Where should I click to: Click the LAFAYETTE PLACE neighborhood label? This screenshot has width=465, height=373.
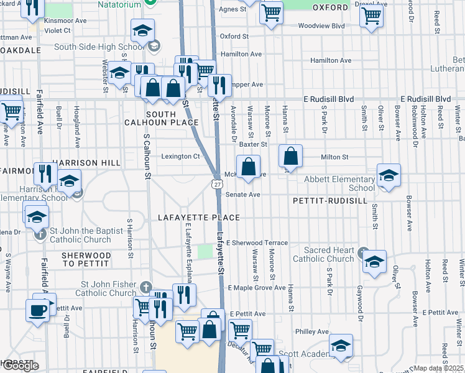tap(198, 218)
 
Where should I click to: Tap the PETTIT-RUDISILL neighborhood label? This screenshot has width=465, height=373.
tap(323, 201)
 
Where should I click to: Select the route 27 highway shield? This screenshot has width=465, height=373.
tap(216, 183)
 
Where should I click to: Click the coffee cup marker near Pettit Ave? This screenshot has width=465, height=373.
tap(37, 310)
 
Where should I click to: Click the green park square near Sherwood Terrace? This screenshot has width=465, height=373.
tap(205, 251)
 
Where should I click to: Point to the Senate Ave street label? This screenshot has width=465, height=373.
tap(242, 195)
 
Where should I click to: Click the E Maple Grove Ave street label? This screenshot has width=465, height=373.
tap(256, 288)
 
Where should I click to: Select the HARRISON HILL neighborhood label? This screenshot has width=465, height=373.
tap(86, 163)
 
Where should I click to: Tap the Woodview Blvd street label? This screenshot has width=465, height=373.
tap(321, 26)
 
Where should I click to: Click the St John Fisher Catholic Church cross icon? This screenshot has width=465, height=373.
tap(145, 287)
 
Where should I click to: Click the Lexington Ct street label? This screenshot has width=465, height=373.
tap(180, 157)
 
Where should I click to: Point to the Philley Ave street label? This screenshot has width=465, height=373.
tap(311, 332)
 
